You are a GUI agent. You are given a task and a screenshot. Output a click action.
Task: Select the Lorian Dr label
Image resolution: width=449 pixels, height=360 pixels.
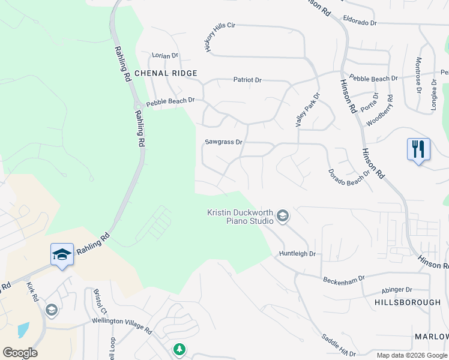(165, 55)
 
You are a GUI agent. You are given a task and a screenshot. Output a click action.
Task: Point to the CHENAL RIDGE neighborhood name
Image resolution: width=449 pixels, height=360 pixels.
(166, 73)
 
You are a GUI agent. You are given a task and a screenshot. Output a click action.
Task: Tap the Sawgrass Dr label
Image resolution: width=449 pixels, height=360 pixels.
(223, 142)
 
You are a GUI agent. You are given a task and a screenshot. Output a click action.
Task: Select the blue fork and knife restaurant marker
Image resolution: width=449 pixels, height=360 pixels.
(418, 149)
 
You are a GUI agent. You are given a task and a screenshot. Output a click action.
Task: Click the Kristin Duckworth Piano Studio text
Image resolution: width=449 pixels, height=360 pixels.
(240, 217)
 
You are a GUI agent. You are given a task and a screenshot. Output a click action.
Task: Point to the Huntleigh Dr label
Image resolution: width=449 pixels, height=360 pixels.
(297, 254)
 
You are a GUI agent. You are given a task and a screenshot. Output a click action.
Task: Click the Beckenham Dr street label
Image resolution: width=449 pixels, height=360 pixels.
(344, 280)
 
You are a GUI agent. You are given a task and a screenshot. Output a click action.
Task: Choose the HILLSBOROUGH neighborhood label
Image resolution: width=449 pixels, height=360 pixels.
(408, 302)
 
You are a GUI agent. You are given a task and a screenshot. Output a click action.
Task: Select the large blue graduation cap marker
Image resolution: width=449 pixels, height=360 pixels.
(62, 255)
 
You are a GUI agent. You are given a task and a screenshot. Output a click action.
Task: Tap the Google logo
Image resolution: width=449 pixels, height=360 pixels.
(20, 353)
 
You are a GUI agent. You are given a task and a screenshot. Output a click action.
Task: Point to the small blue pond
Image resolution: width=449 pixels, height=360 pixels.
(23, 329)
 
